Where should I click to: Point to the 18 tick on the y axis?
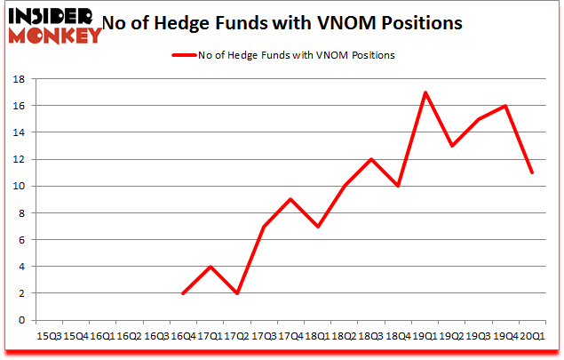[19, 78]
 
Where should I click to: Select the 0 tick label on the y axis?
[22, 320]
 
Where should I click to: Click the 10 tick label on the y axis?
[19, 186]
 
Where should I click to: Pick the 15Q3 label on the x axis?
[50, 337]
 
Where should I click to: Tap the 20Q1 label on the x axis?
[532, 337]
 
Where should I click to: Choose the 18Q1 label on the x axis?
[317, 337]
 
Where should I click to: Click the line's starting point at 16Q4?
[183, 293]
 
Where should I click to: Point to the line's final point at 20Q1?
[532, 172]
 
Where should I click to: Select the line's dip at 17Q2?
[238, 293]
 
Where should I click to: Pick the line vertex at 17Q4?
[291, 199]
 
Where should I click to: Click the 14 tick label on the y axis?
[19, 132]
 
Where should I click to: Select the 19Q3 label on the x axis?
[479, 337]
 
